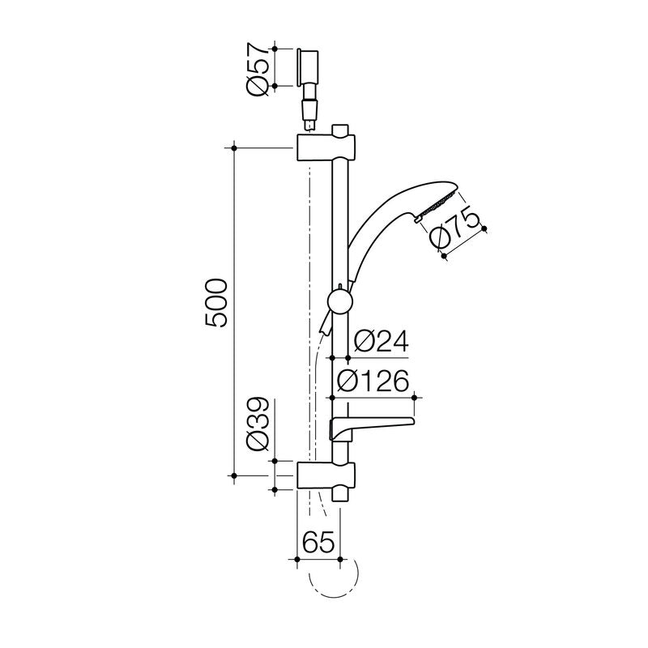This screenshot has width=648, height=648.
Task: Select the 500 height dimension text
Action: coord(216,304)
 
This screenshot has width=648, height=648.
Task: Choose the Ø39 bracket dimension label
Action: coord(258,427)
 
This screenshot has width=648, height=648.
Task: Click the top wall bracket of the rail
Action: coord(326,148)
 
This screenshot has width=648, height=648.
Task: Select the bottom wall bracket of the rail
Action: coord(326,475)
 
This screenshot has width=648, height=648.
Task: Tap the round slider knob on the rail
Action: coord(339,304)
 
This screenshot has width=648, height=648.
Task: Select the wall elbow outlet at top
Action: coord(309,68)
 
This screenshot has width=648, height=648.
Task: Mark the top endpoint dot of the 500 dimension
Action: coord(234,147)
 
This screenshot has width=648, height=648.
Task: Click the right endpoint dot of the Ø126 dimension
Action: coord(416,397)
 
